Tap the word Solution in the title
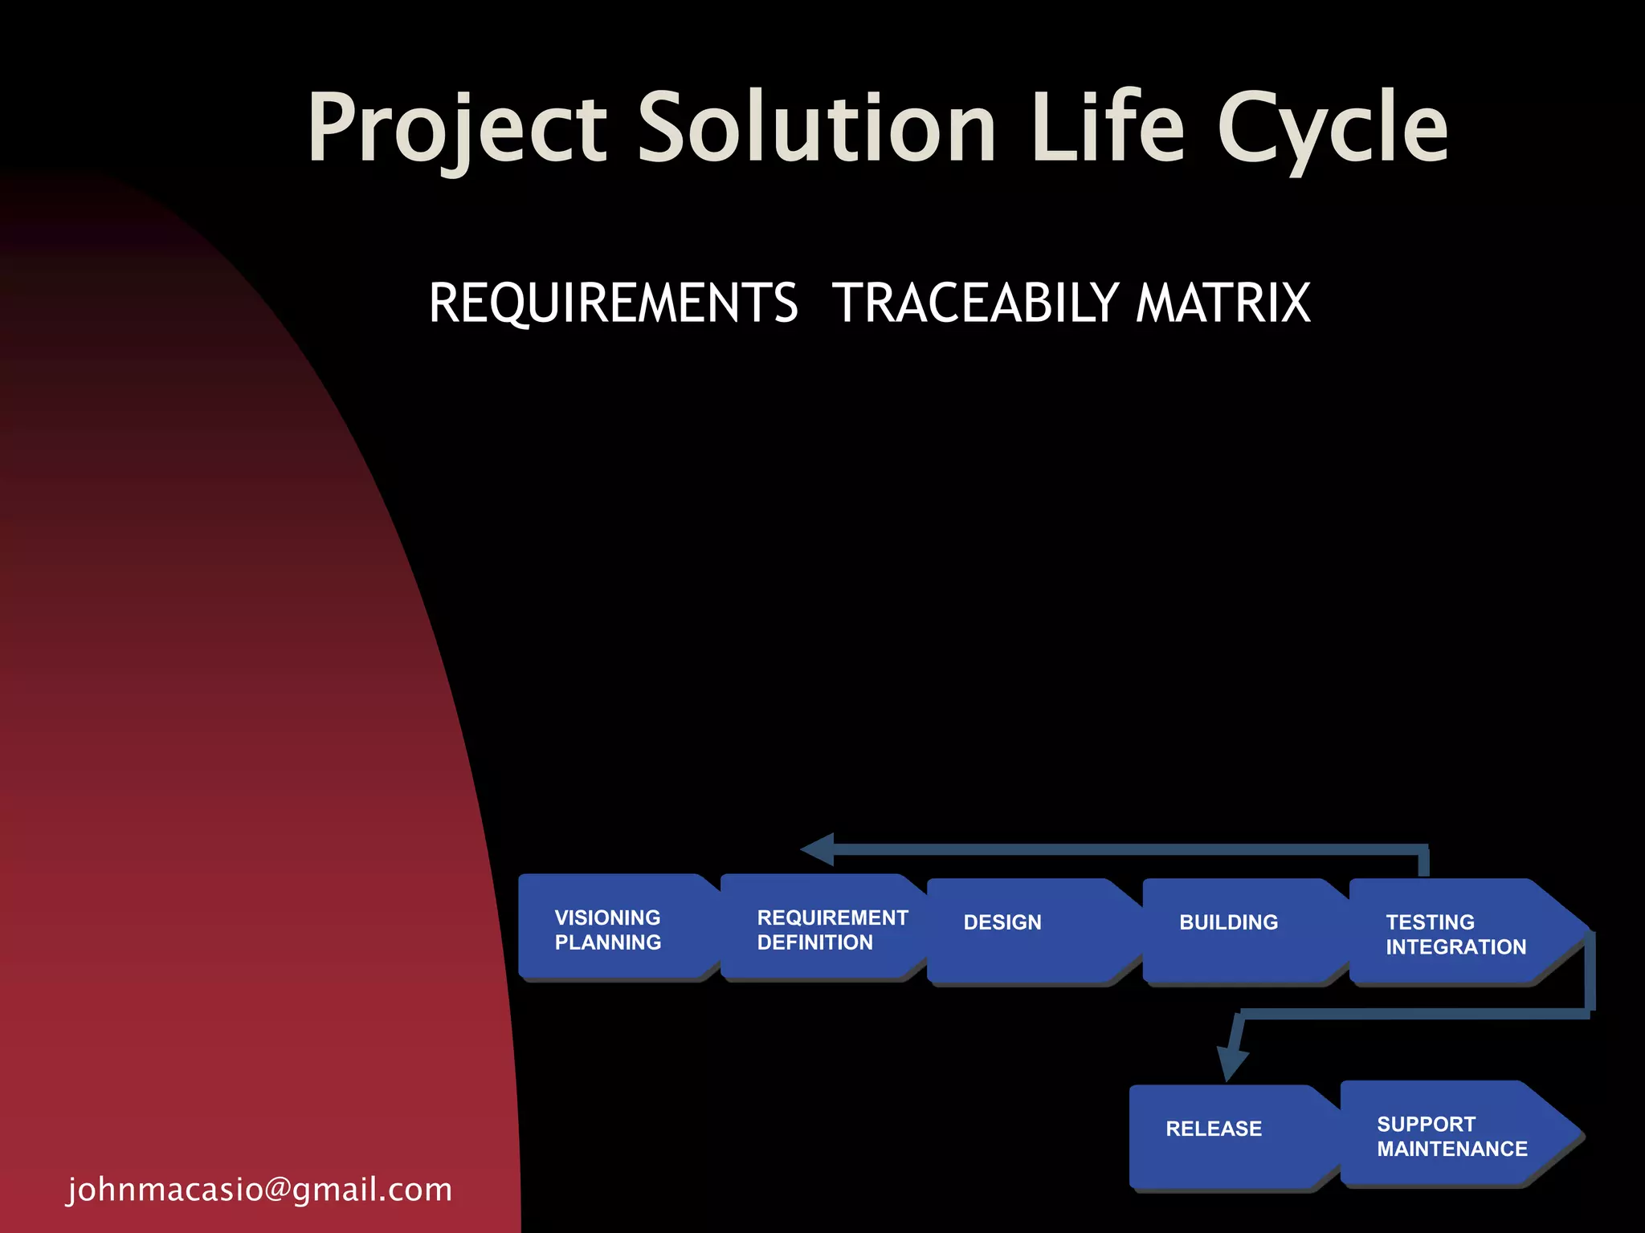pos(817,128)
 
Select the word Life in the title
pos(1108,128)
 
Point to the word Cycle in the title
pos(1333,128)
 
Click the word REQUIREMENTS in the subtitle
pos(614,303)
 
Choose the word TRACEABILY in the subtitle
pos(975,303)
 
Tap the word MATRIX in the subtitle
pos(1223,303)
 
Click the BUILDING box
pos(1237,931)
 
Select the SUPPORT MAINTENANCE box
pos(1450,1135)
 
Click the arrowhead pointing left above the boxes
pos(818,849)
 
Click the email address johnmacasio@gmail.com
pos(259,1189)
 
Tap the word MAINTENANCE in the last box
pos(1452,1149)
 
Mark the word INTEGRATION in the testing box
pos(1455,947)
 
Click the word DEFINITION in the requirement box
pos(814,942)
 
